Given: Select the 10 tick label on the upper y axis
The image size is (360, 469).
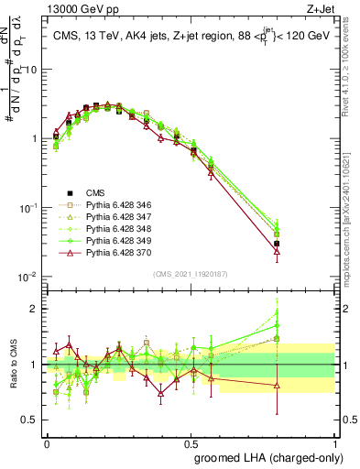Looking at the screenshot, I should coord(30,70).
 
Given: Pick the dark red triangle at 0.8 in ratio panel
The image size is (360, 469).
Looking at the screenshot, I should coord(277,386).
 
